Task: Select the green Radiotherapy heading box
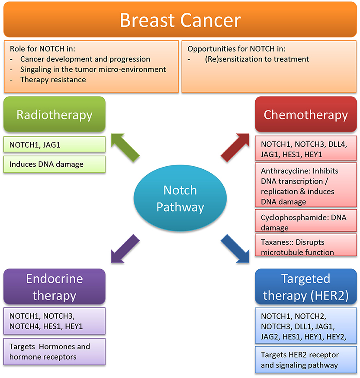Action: click(55, 115)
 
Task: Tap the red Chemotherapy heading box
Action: click(305, 115)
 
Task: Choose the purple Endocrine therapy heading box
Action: click(55, 287)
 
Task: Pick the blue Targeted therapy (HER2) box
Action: click(305, 287)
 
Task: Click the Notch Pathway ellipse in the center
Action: click(180, 199)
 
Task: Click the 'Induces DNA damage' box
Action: click(55, 164)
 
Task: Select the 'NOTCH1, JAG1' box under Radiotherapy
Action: click(55, 145)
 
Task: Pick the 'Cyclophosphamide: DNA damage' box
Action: click(305, 222)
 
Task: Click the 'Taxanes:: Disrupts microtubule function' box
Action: click(305, 247)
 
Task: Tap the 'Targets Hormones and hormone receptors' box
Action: click(55, 352)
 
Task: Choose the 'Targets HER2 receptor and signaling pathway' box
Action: click(305, 359)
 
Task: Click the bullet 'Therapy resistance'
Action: click(53, 80)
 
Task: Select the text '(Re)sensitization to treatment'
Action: click(257, 59)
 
